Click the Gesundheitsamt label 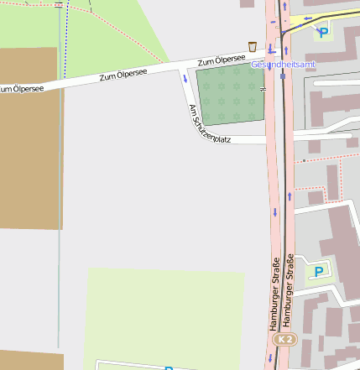pyautogui.click(x=284, y=64)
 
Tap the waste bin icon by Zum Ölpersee pyautogui.click(x=252, y=46)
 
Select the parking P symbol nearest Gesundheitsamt pyautogui.click(x=323, y=33)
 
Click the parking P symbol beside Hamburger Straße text pyautogui.click(x=318, y=272)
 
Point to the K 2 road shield pyautogui.click(x=285, y=339)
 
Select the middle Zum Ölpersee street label pyautogui.click(x=123, y=76)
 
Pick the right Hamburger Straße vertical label pyautogui.click(x=290, y=289)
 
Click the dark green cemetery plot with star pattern pyautogui.click(x=229, y=94)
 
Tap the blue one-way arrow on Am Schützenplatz pyautogui.click(x=185, y=79)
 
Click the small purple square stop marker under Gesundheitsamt pyautogui.click(x=283, y=76)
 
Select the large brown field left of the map pyautogui.click(x=29, y=138)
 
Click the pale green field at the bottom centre pyautogui.click(x=164, y=315)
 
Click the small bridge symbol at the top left pyautogui.click(x=58, y=4)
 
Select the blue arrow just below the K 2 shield pyautogui.click(x=270, y=357)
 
